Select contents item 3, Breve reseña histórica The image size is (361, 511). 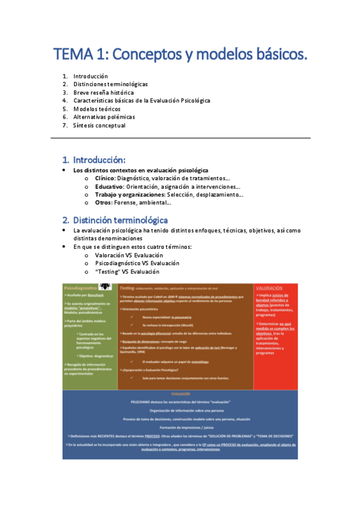pyautogui.click(x=99, y=93)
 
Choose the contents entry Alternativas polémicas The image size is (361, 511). pyautogui.click(x=104, y=117)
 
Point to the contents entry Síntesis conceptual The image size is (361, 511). pyautogui.click(x=99, y=125)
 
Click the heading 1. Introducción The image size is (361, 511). pyautogui.click(x=94, y=160)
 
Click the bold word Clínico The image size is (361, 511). pyautogui.click(x=106, y=178)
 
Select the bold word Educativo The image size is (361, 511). pyautogui.click(x=110, y=187)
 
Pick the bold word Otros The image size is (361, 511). pyautogui.click(x=104, y=202)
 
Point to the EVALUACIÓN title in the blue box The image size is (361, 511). pyautogui.click(x=180, y=393)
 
